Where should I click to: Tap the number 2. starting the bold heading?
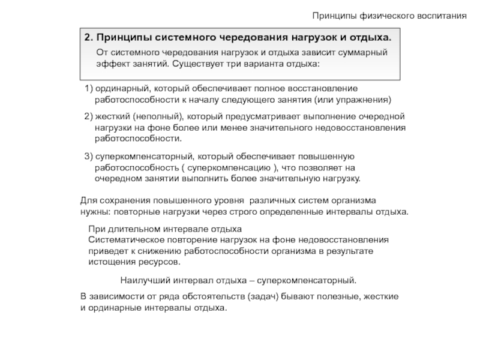tap(88, 37)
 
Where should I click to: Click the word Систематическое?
tap(122, 240)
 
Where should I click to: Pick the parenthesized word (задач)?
tap(259, 297)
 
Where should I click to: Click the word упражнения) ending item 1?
tap(365, 99)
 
